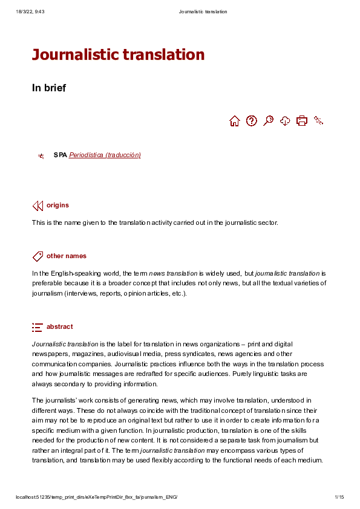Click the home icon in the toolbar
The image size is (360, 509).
click(235, 121)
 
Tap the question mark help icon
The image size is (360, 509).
click(252, 121)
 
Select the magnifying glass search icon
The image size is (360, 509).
click(269, 121)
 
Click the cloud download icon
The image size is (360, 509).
click(285, 121)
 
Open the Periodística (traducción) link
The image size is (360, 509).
click(105, 155)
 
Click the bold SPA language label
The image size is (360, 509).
click(60, 155)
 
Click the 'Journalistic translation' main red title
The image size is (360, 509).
click(118, 55)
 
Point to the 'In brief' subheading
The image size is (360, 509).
click(49, 88)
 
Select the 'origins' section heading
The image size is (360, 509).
click(57, 206)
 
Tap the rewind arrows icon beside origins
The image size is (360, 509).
click(38, 206)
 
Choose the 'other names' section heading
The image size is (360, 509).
click(67, 256)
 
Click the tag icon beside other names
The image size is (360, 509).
click(38, 256)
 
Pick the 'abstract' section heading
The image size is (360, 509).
click(59, 327)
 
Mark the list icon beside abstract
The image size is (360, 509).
click(38, 327)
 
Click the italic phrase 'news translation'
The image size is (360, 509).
click(173, 273)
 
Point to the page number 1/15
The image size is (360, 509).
click(339, 498)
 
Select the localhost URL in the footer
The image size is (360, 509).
click(96, 498)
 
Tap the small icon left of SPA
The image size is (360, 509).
click(41, 156)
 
